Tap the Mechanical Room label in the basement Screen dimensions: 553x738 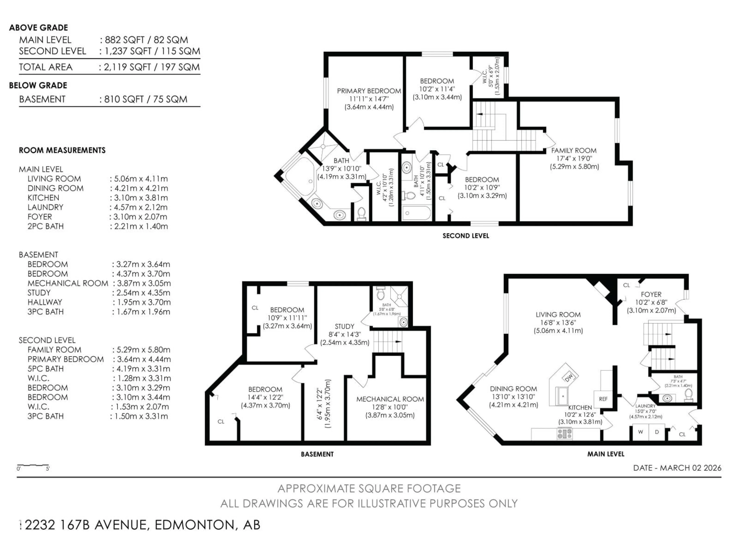(x=390, y=399)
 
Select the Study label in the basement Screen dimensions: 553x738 (x=344, y=326)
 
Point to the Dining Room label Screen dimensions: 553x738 (x=513, y=389)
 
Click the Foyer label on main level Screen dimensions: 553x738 (x=651, y=294)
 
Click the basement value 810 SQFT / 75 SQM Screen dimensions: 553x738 (x=145, y=99)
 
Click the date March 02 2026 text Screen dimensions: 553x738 (x=677, y=468)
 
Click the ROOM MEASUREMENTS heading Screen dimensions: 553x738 (x=62, y=150)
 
